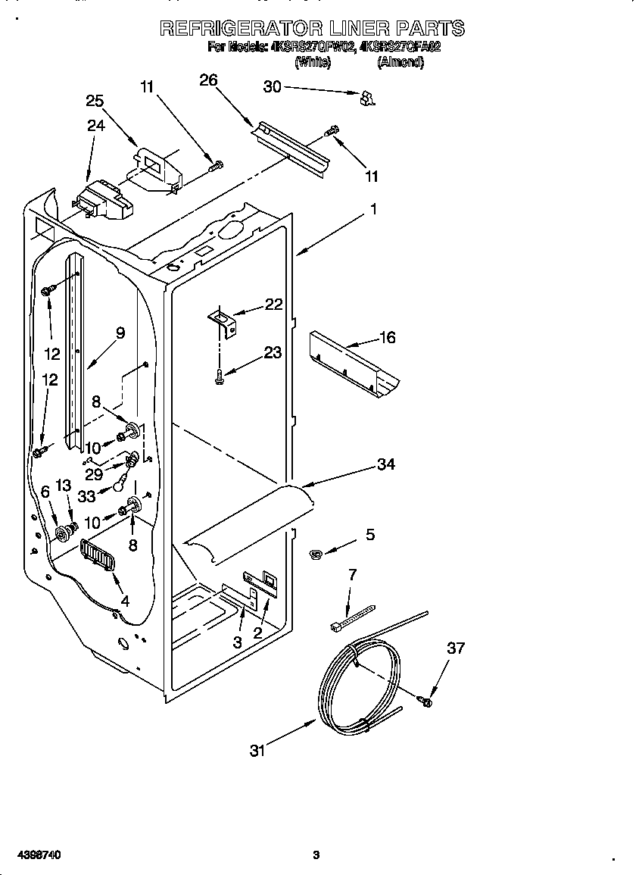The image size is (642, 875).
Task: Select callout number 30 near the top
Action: (x=272, y=87)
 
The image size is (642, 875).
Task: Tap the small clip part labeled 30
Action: (x=367, y=97)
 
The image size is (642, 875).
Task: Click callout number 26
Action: (x=208, y=80)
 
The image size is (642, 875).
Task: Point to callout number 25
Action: (x=95, y=102)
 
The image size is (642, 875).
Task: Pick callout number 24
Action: (x=95, y=126)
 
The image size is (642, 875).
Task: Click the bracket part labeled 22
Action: (x=223, y=320)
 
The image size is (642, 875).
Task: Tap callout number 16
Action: (x=387, y=338)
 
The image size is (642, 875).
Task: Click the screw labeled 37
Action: (x=425, y=702)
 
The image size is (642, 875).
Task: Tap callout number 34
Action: (x=385, y=464)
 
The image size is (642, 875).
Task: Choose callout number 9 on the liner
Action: (x=120, y=332)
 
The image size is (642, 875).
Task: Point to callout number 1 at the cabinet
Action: (x=372, y=209)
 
